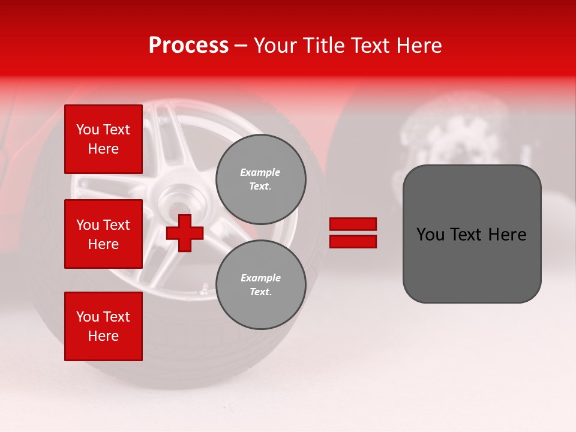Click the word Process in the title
pyautogui.click(x=188, y=46)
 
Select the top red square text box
pyautogui.click(x=103, y=139)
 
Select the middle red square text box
pyautogui.click(x=103, y=234)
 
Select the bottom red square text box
pyautogui.click(x=103, y=326)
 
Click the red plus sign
pyautogui.click(x=185, y=233)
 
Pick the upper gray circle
pyautogui.click(x=261, y=179)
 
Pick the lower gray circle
pyautogui.click(x=261, y=285)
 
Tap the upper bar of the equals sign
pyautogui.click(x=353, y=224)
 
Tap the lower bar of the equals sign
pyautogui.click(x=353, y=241)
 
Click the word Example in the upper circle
pyautogui.click(x=260, y=172)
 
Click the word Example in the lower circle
pyautogui.click(x=260, y=278)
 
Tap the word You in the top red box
pyautogui.click(x=87, y=130)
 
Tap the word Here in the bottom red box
pyautogui.click(x=103, y=336)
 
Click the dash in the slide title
pyautogui.click(x=241, y=46)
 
